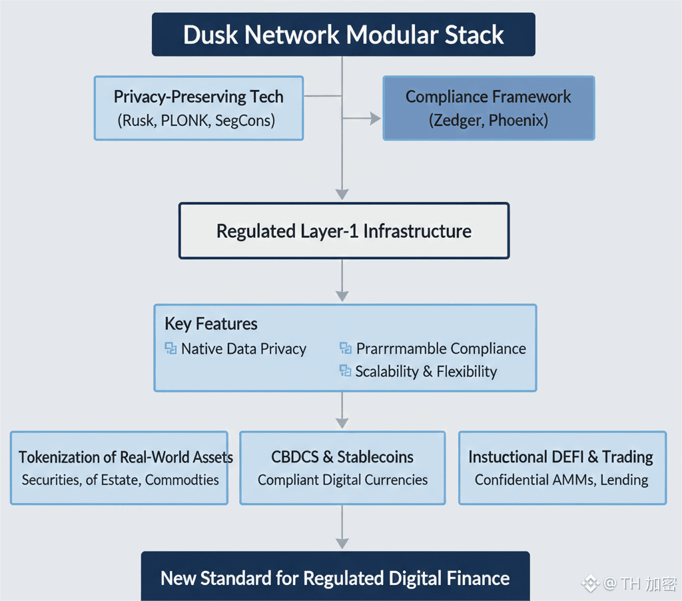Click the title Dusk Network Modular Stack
[343, 35]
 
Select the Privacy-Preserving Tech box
[198, 108]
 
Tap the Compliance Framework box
[488, 108]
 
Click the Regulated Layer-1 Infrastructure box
[344, 231]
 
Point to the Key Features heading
[211, 324]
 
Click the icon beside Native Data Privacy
[170, 348]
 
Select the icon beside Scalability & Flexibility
[345, 370]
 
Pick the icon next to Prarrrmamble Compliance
[345, 348]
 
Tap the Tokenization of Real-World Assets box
[119, 468]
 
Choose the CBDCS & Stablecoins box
[342, 468]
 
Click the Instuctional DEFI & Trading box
[561, 468]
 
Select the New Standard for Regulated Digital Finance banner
[335, 577]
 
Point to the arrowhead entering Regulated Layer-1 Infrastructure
[342, 194]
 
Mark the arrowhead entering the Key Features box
[342, 295]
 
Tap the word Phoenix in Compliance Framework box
[519, 121]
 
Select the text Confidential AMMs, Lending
[561, 480]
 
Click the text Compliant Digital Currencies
[342, 480]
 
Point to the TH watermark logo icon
[590, 584]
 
